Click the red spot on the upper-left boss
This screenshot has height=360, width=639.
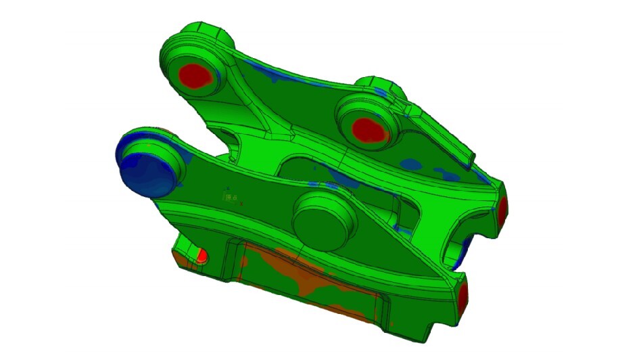(x=197, y=75)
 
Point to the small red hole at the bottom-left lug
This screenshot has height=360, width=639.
(x=201, y=255)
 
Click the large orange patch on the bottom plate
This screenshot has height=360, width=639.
(x=298, y=277)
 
